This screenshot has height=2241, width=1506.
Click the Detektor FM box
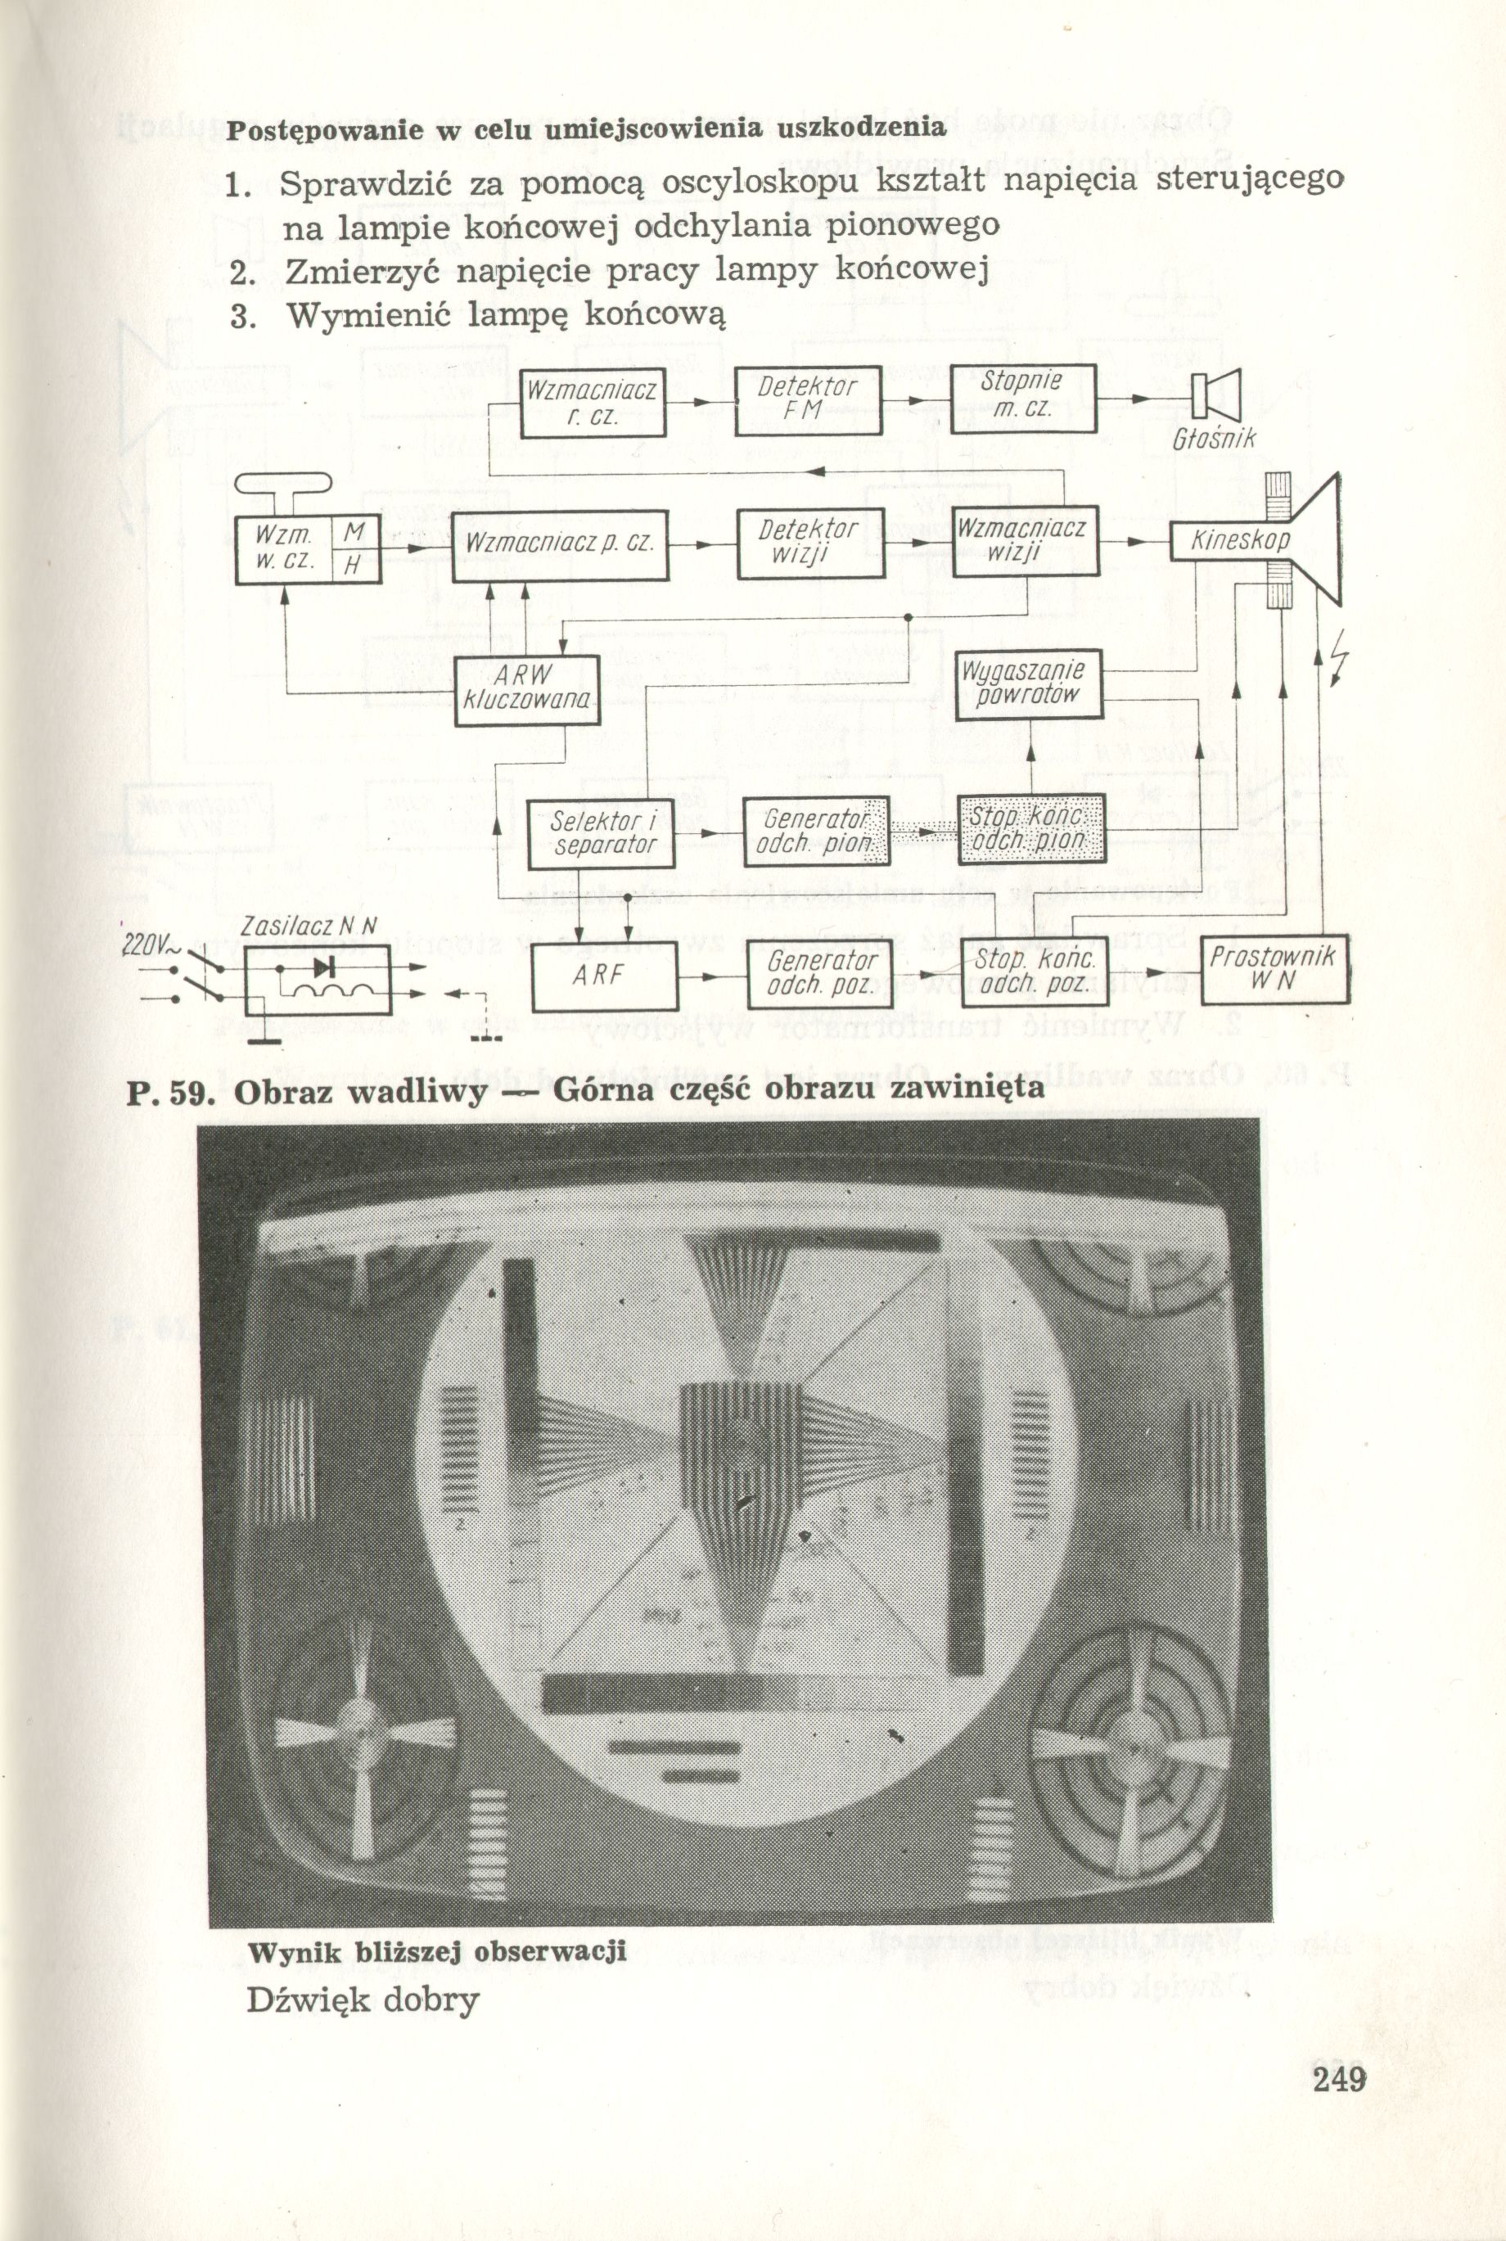pyautogui.click(x=808, y=399)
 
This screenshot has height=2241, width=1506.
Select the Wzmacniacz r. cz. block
pyautogui.click(x=593, y=402)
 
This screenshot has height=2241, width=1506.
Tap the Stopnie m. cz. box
pyautogui.click(x=1022, y=397)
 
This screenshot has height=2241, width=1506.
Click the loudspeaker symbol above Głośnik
pyautogui.click(x=1216, y=394)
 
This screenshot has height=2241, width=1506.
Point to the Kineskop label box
pyautogui.click(x=1240, y=542)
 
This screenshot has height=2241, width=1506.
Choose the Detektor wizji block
pyautogui.click(x=809, y=543)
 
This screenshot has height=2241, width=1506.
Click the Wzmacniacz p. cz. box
pyautogui.click(x=560, y=543)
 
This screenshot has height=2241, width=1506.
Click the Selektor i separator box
pyautogui.click(x=602, y=833)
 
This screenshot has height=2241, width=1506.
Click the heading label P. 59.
pyautogui.click(x=168, y=1091)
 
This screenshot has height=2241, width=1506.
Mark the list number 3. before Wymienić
pyautogui.click(x=241, y=315)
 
